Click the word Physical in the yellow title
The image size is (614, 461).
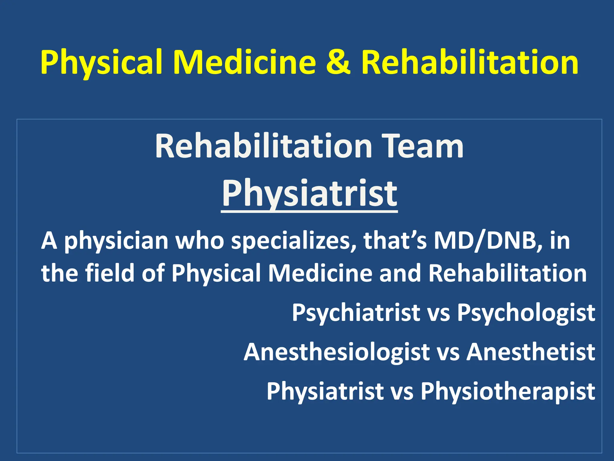point(101,62)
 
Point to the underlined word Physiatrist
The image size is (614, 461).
point(309,194)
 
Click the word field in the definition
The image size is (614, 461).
point(110,273)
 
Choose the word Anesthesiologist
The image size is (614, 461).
point(337,352)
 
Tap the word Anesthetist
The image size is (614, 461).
point(531,351)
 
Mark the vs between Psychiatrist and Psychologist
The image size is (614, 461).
point(438,313)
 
